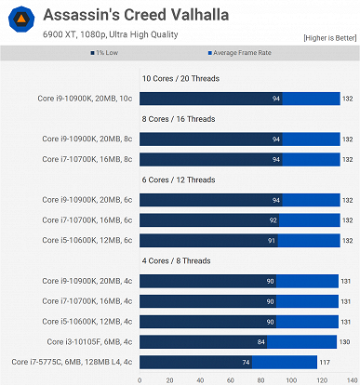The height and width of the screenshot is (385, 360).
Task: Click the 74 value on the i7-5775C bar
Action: pyautogui.click(x=246, y=361)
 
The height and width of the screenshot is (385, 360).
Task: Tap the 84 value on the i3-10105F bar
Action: pyautogui.click(x=262, y=341)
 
